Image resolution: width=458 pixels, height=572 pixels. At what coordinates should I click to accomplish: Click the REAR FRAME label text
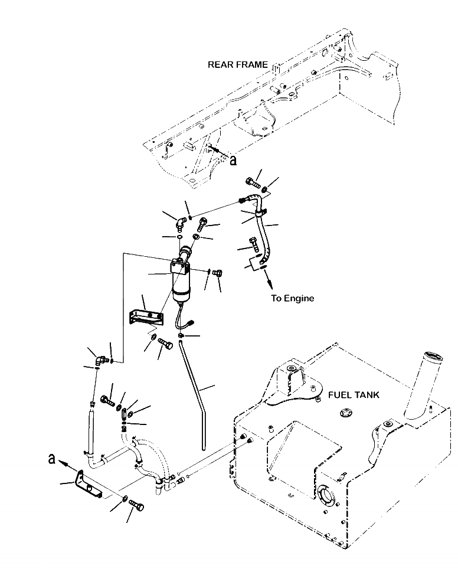237,64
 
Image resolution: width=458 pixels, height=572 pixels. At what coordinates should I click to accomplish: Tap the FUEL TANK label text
355,395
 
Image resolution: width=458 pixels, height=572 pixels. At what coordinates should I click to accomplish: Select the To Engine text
292,298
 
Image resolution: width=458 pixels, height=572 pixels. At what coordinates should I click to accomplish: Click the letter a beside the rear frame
233,159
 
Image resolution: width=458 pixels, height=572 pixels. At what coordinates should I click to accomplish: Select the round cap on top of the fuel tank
343,412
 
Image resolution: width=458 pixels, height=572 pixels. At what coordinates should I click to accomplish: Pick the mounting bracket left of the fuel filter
144,316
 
